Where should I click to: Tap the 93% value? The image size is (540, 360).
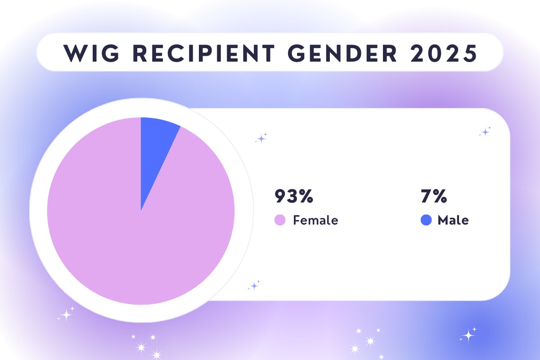294,197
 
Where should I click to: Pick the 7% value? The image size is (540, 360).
433,197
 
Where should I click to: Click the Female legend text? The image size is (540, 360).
315,220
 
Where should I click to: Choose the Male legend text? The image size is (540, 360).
453,220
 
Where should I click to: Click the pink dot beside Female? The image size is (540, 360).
280,220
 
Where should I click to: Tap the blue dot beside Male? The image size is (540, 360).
426,220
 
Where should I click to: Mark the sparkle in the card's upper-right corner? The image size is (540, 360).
485,132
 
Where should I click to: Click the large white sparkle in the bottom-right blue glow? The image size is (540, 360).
468,334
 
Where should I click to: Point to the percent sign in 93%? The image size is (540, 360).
305,197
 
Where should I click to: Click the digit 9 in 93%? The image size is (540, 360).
281,197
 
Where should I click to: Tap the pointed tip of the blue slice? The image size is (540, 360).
141,209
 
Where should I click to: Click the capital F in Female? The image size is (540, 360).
297,220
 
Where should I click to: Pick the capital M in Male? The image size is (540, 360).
443,220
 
